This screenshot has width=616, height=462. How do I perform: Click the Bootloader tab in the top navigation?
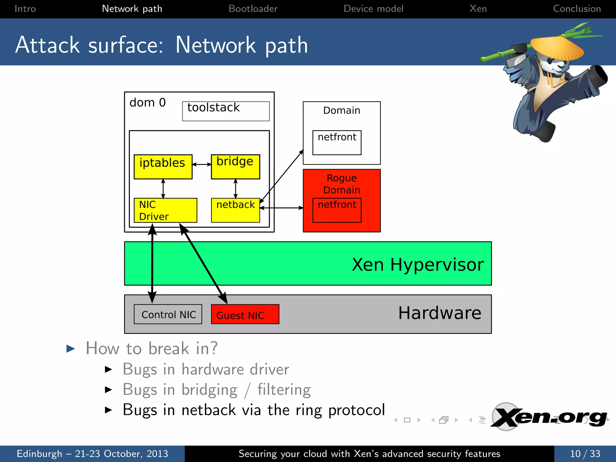pyautogui.click(x=253, y=8)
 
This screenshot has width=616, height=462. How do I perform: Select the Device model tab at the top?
pyautogui.click(x=373, y=8)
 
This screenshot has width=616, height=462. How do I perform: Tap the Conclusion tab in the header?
pyautogui.click(x=577, y=8)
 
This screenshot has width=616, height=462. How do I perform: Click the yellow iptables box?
pyautogui.click(x=163, y=167)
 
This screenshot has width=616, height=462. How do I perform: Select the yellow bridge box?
pyautogui.click(x=235, y=167)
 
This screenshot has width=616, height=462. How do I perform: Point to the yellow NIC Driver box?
pyautogui.click(x=165, y=210)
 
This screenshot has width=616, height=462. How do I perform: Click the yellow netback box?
pyautogui.click(x=235, y=210)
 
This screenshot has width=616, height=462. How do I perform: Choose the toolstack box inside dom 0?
pyautogui.click(x=226, y=111)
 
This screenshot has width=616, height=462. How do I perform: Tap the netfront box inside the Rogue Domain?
pyautogui.click(x=337, y=210)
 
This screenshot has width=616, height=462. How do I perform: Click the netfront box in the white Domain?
pyautogui.click(x=337, y=143)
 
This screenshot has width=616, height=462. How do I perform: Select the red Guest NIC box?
pyautogui.click(x=245, y=314)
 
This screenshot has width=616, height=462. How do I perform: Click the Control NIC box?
pyautogui.click(x=168, y=314)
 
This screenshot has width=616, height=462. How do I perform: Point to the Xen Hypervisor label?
pyautogui.click(x=417, y=264)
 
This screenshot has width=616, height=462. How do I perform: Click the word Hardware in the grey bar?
pyautogui.click(x=439, y=313)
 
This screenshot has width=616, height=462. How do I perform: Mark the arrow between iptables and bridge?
pyautogui.click(x=202, y=164)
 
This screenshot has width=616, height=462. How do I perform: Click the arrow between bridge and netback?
pyautogui.click(x=236, y=189)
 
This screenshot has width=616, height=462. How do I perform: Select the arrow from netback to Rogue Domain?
pyautogui.click(x=281, y=208)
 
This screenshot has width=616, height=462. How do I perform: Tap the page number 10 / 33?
pyautogui.click(x=585, y=454)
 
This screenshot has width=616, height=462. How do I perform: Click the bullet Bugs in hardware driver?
pyautogui.click(x=206, y=369)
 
